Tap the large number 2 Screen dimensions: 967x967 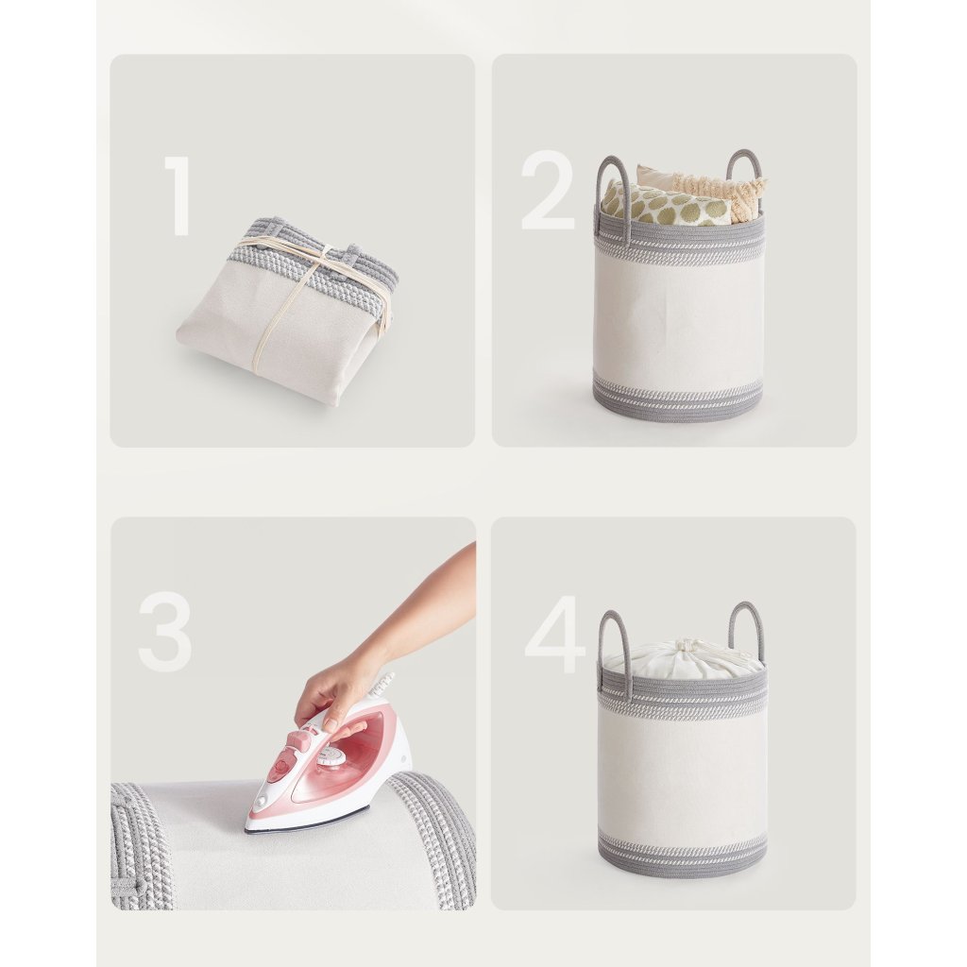pos(548,190)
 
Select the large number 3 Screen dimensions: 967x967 pos(164,633)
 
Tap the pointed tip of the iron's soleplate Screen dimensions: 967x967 pos(246,829)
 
